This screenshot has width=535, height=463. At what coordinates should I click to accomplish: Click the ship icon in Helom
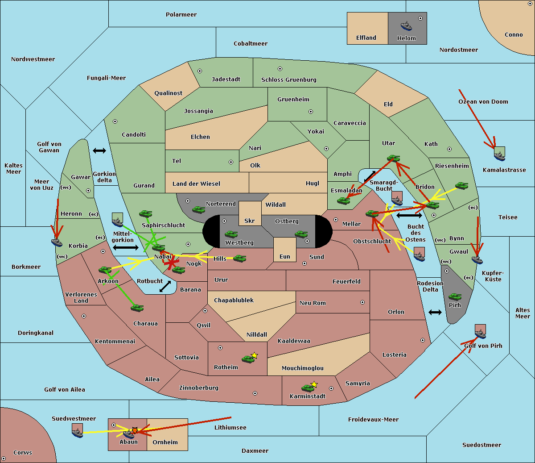406,26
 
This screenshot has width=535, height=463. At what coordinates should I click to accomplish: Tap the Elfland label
366,38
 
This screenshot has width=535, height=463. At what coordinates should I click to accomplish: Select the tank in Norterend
198,209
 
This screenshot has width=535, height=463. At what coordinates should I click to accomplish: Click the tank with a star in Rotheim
248,359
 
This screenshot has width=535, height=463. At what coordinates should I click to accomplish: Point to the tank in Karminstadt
308,388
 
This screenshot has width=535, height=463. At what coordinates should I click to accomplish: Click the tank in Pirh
455,296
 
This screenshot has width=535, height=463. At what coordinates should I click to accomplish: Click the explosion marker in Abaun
135,430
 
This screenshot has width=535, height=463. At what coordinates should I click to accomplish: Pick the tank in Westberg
231,234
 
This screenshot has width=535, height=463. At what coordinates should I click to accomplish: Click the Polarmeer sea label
181,15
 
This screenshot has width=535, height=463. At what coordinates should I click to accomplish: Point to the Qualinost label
168,93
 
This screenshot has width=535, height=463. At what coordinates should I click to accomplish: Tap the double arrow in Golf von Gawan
99,150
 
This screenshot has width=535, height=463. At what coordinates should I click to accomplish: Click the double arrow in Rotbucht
165,287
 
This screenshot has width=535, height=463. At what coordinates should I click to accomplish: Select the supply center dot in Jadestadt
200,71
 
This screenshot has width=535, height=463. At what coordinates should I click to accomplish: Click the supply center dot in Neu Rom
362,302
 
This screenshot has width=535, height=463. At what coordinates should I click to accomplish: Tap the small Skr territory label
250,221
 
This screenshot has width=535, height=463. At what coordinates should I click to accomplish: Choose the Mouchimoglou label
303,368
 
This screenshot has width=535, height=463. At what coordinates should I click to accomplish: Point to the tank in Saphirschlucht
145,213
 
